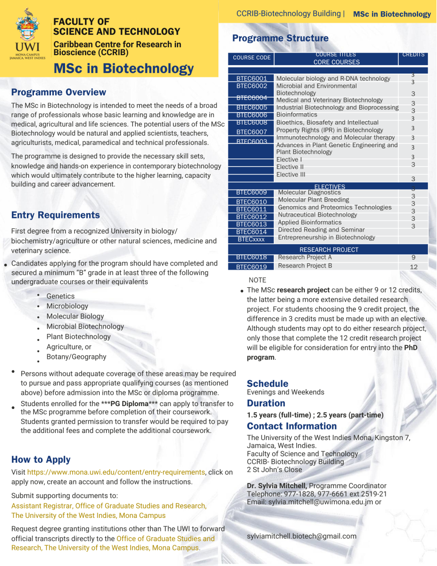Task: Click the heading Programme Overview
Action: [58, 92]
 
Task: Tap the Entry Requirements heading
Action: [55, 215]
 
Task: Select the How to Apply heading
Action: [41, 459]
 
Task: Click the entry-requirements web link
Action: [116, 472]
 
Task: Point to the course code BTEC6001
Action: [251, 78]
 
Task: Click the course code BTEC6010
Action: [251, 202]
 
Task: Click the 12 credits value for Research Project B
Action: [413, 266]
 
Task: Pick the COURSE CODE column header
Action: [252, 58]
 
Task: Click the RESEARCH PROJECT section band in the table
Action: [329, 250]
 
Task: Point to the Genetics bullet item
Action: [60, 296]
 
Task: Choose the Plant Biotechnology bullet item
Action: [78, 337]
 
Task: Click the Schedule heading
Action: [267, 383]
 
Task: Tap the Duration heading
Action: [266, 403]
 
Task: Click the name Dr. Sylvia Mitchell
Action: [277, 486]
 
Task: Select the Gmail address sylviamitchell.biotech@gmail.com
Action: [302, 536]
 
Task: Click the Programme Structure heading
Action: [280, 38]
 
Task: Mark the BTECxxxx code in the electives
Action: [251, 240]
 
